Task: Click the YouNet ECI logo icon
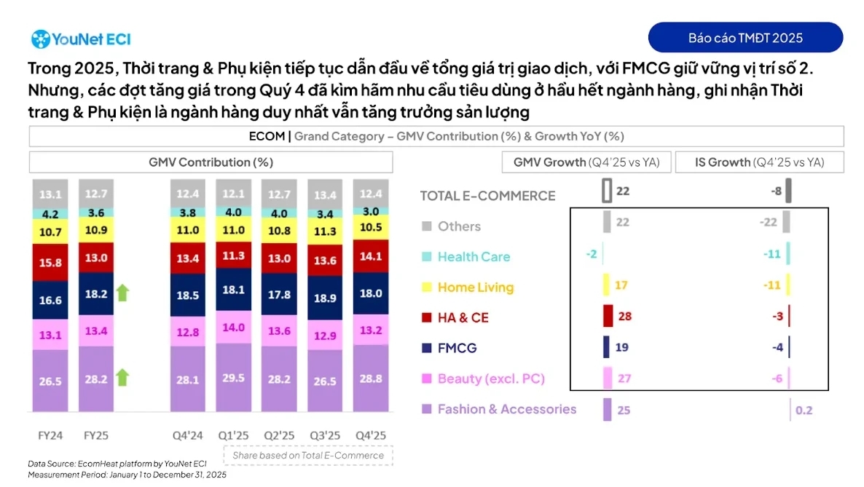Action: [x=40, y=39]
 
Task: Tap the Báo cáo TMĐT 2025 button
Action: [x=745, y=38]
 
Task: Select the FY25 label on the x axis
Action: [x=95, y=435]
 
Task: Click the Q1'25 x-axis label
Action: [x=233, y=435]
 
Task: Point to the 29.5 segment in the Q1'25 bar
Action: [x=233, y=379]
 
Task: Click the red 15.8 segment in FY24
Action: [x=50, y=262]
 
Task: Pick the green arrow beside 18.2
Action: [x=122, y=293]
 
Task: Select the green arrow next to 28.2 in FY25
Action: [x=122, y=377]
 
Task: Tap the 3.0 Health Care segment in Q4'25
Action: [x=370, y=212]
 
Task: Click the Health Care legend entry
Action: [x=474, y=257]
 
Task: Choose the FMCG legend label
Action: [x=457, y=348]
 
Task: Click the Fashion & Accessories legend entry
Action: [x=506, y=409]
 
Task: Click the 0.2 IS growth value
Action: [x=804, y=411]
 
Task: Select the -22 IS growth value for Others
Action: [x=769, y=222]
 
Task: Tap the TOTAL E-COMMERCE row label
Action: [x=487, y=195]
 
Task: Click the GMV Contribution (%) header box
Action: [x=211, y=162]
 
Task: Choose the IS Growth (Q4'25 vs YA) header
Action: [x=759, y=162]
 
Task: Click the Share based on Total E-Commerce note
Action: [x=308, y=456]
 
